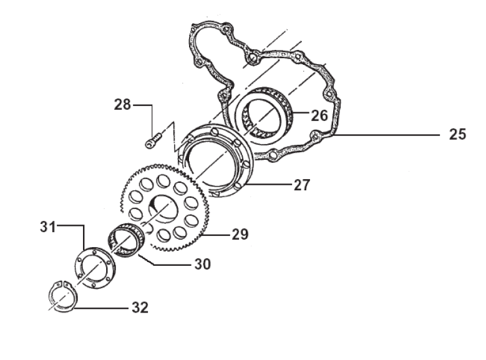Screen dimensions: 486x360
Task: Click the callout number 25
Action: (457, 134)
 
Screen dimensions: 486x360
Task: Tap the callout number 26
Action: (319, 115)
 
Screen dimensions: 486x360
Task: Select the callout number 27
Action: (302, 185)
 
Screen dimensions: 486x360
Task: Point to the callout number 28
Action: (122, 104)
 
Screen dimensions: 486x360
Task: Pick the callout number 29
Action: (240, 234)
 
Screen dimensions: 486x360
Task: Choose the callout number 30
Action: (203, 264)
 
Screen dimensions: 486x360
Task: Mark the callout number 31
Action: (48, 226)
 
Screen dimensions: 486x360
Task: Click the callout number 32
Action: (140, 308)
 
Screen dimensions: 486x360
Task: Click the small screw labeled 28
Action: (153, 140)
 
